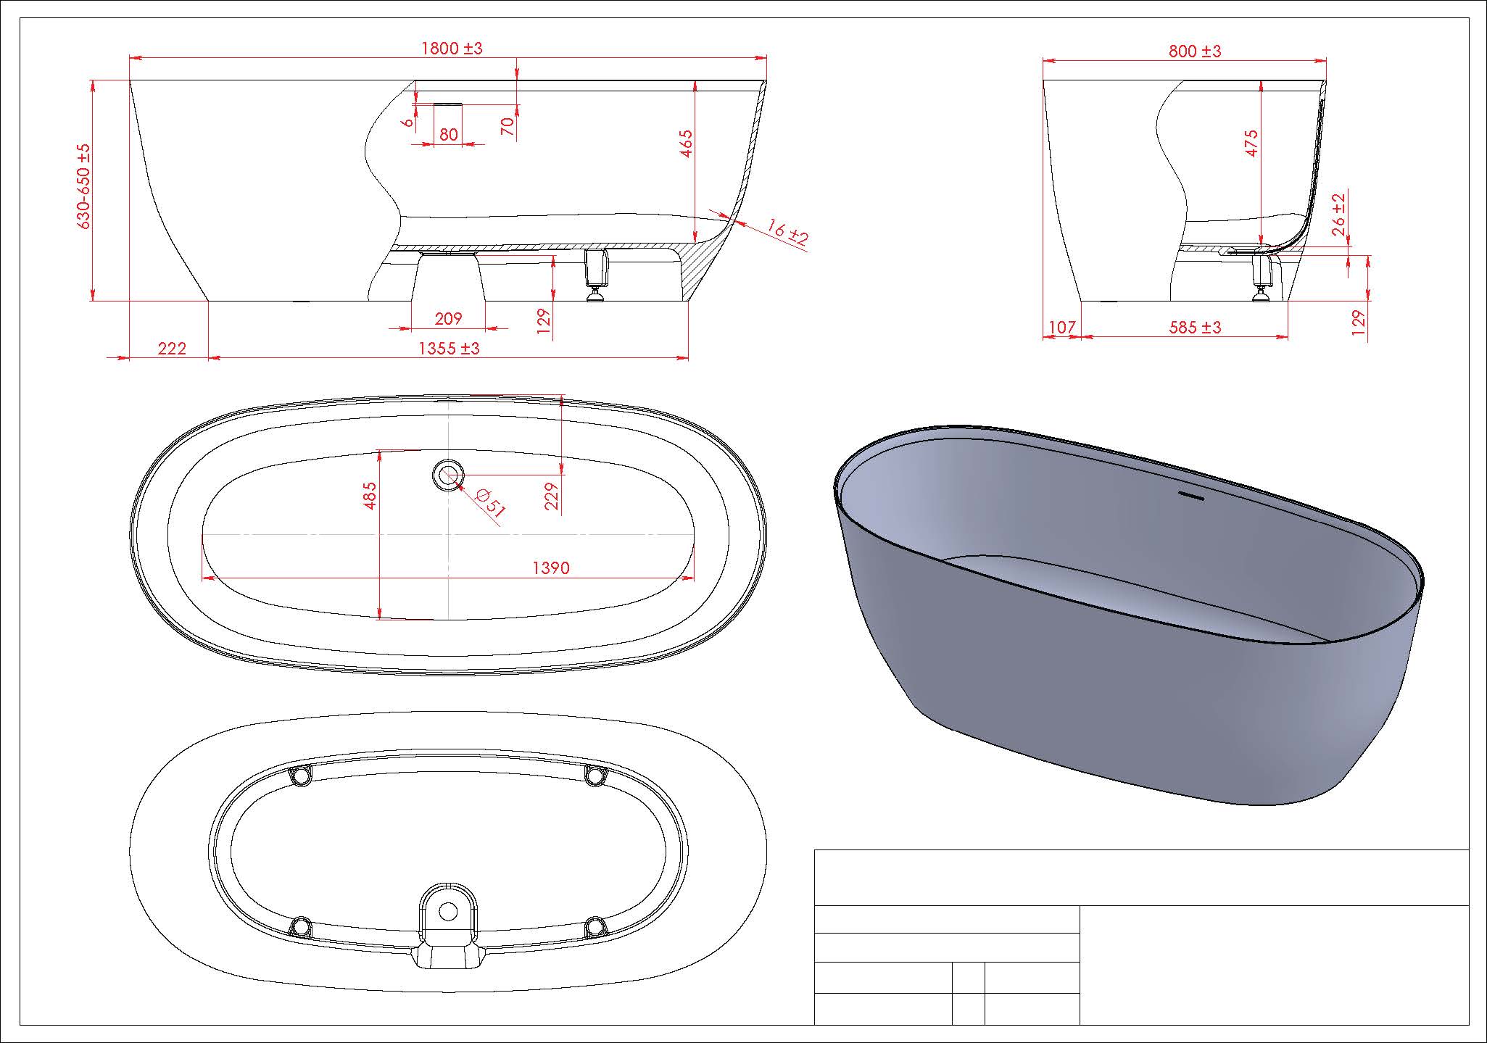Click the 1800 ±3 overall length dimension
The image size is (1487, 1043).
(x=452, y=49)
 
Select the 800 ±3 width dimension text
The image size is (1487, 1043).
(x=1195, y=51)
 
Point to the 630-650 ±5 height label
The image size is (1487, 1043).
(x=85, y=187)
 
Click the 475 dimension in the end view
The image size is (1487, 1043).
(x=1251, y=143)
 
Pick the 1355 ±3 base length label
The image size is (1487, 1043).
(x=450, y=349)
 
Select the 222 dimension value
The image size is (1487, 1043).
(x=172, y=349)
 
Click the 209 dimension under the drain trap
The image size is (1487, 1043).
(x=448, y=318)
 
